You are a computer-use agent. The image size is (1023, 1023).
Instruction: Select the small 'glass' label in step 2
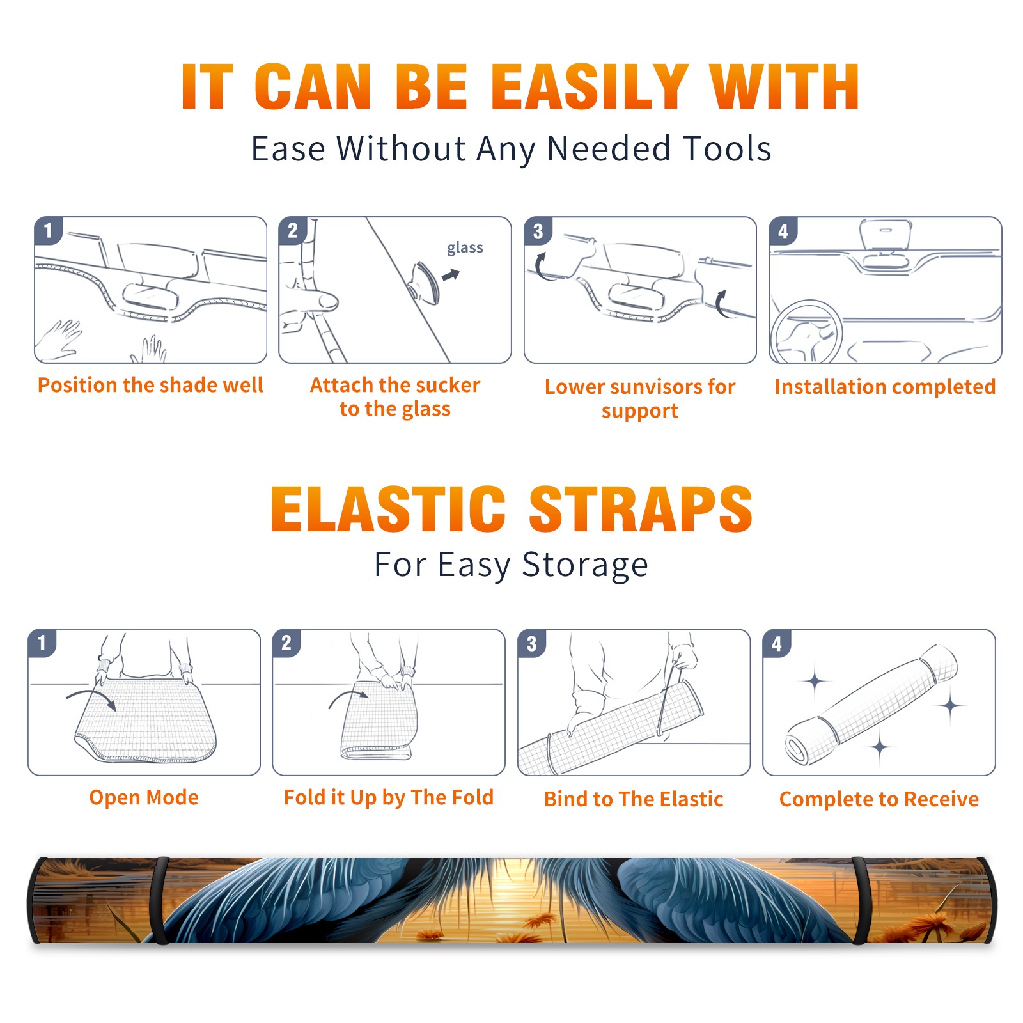(465, 248)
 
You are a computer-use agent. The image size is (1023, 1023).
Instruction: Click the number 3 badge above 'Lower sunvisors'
(538, 231)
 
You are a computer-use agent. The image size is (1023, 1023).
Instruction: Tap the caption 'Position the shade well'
(150, 385)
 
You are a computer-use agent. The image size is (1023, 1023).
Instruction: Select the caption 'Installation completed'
(885, 387)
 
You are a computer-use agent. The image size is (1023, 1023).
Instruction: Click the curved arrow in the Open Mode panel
(91, 698)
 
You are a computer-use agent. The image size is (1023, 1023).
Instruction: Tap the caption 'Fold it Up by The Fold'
(389, 797)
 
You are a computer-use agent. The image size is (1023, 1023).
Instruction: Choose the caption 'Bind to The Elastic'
(634, 799)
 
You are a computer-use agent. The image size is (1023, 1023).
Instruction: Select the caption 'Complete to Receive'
(879, 799)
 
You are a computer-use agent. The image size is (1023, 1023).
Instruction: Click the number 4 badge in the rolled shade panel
(777, 643)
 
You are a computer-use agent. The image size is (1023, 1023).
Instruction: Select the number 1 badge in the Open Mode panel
(42, 643)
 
